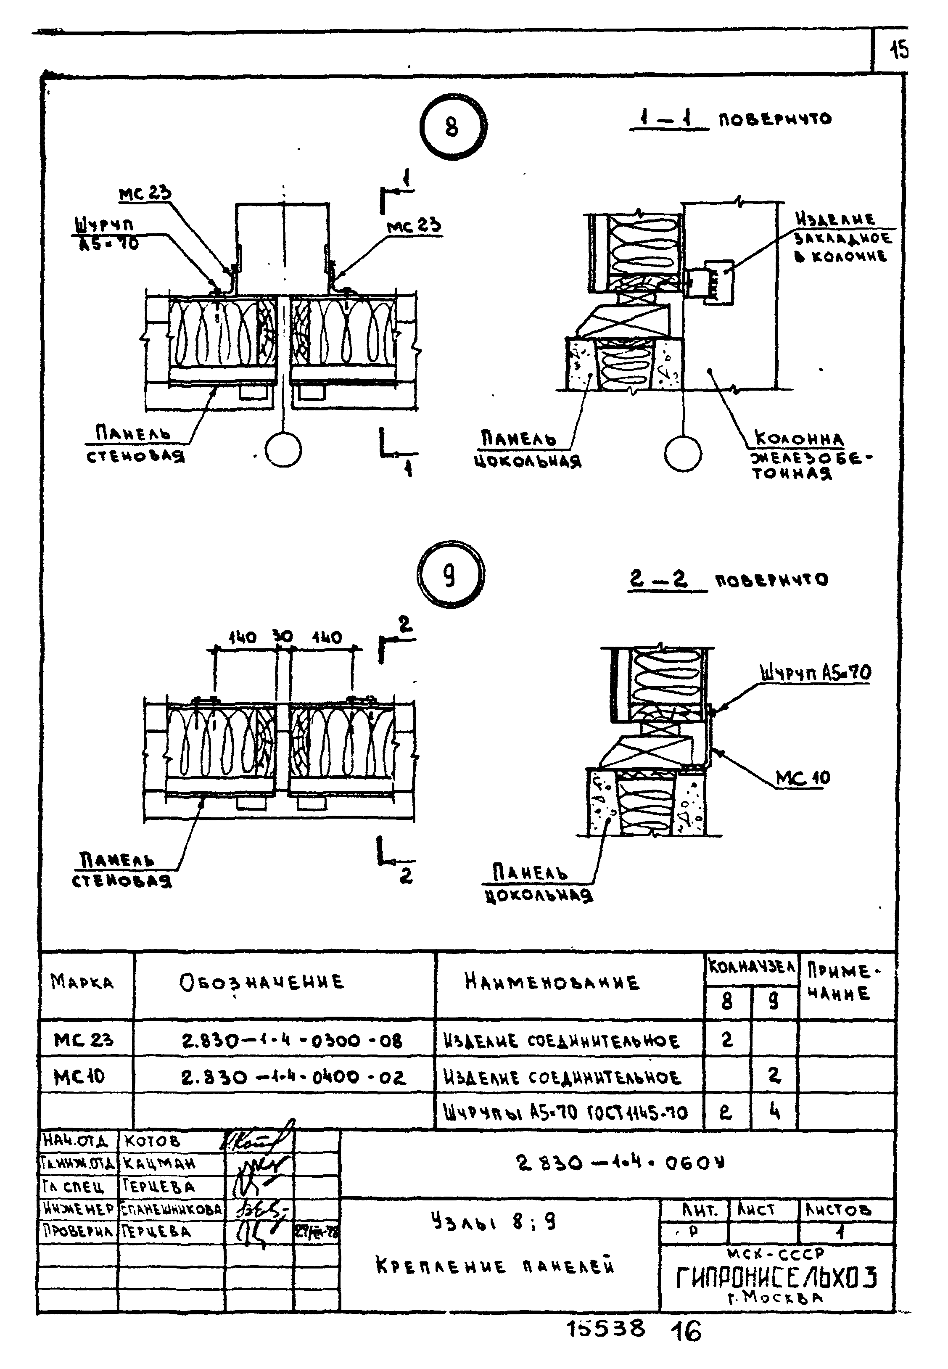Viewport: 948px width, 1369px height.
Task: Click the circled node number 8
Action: pos(453,127)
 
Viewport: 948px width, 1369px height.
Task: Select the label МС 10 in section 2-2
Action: pos(803,777)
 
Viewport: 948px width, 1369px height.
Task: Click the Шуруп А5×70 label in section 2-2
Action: pos(815,673)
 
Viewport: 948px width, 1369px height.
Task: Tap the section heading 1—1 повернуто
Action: pos(731,119)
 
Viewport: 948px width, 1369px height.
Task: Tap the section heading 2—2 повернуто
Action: pos(728,580)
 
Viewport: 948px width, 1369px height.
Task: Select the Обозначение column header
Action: pos(261,982)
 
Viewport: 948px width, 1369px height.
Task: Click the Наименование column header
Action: pos(552,982)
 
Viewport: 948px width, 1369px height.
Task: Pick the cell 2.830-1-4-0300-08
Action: pos(292,1041)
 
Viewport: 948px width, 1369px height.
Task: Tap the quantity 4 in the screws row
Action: pos(774,1112)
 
